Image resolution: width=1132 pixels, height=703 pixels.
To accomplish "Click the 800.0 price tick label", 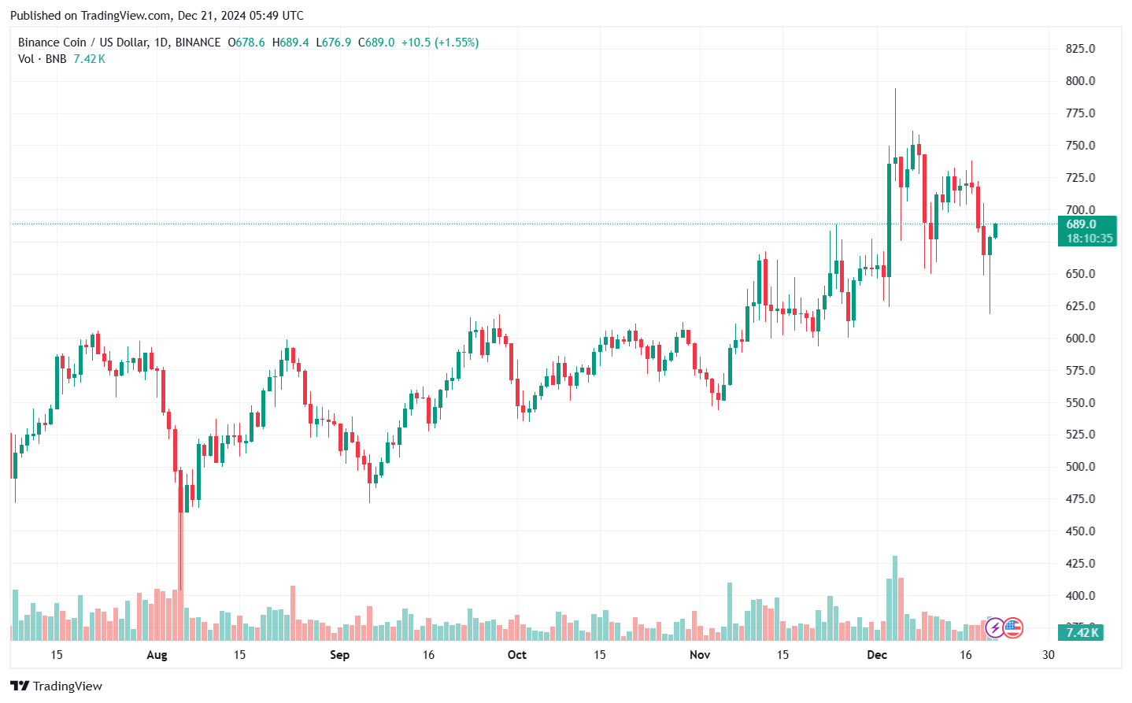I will [x=1080, y=81].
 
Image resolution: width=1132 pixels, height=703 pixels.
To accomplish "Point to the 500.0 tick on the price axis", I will [x=1080, y=467].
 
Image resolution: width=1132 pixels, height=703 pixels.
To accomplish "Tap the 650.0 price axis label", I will [x=1080, y=274].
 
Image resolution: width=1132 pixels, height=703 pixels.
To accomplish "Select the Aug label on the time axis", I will [x=157, y=655].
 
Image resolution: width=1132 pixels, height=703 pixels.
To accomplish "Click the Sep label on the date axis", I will [x=339, y=655].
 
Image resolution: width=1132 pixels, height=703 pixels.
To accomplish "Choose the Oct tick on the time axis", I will [x=516, y=655].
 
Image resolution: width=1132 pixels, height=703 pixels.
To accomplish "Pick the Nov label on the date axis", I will [x=699, y=655].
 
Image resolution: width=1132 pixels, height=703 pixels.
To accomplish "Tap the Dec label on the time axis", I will [x=876, y=655].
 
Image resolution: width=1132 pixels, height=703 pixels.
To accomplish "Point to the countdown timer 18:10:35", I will [x=1089, y=239].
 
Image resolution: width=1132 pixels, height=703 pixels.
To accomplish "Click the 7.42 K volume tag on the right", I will [x=1082, y=632].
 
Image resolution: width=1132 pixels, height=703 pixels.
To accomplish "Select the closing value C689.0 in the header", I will [x=376, y=43].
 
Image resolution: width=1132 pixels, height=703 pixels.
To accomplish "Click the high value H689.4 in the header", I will [x=290, y=43].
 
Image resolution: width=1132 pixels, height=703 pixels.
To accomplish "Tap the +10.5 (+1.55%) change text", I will [x=439, y=43].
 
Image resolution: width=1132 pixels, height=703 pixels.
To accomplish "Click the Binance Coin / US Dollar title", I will [x=83, y=43].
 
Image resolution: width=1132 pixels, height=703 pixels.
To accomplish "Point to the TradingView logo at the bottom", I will [x=56, y=686].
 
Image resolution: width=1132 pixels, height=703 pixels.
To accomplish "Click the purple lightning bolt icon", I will [x=995, y=627].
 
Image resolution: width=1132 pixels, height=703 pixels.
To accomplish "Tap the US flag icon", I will [x=1013, y=627].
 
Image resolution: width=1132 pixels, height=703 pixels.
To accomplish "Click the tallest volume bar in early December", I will [x=894, y=598].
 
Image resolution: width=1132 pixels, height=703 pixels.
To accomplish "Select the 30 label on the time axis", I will [x=1048, y=655].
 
